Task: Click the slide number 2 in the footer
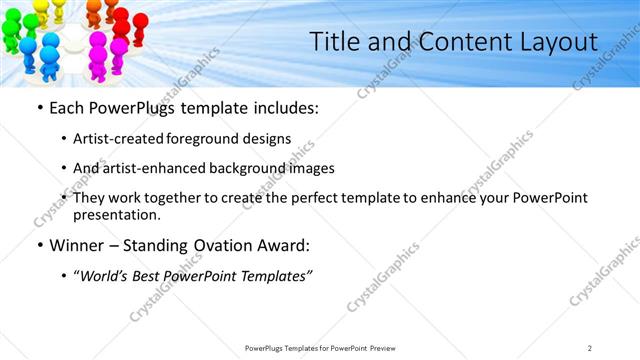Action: pos(590,347)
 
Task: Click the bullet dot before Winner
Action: pos(38,245)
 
